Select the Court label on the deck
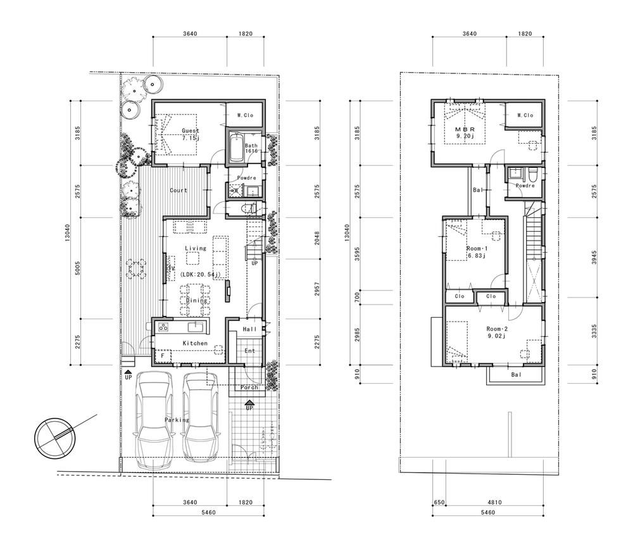click(179, 190)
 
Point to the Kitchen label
click(195, 343)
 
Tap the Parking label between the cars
click(177, 420)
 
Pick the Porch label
click(248, 387)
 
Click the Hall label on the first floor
click(249, 330)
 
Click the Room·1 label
click(476, 249)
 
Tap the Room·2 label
click(496, 329)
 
